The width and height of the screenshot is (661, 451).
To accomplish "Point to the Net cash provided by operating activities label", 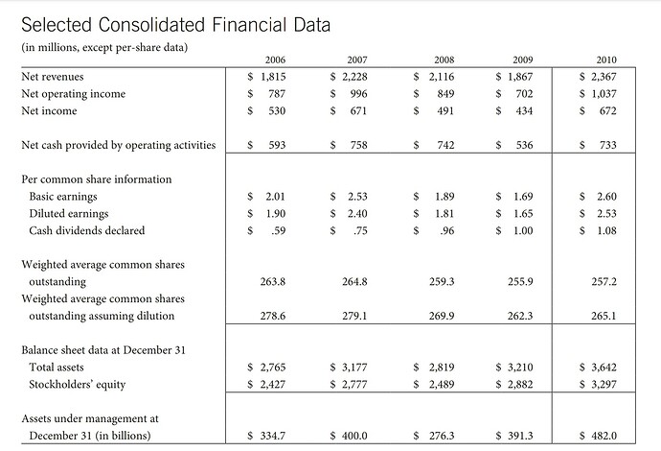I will coord(119,146).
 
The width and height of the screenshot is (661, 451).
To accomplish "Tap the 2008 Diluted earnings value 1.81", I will coord(444,214).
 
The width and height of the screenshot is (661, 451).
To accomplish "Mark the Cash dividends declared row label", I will coord(88,231).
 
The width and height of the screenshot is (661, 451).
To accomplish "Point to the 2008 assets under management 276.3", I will coord(441,435).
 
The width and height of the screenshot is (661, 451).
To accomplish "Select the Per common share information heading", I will coord(96,179).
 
